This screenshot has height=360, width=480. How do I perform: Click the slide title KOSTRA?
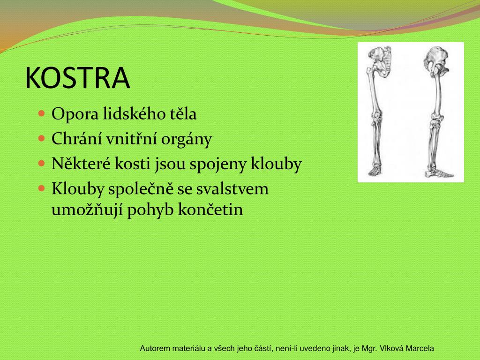coord(77,78)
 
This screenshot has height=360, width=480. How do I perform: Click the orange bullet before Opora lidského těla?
coord(41,113)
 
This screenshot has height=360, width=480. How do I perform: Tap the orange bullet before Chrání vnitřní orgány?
coord(41,139)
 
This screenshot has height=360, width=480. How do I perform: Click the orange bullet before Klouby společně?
coord(41,188)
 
